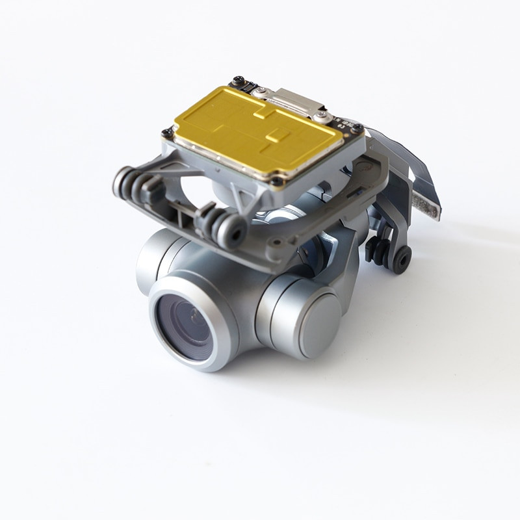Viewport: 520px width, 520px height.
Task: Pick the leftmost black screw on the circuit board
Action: [x=168, y=133]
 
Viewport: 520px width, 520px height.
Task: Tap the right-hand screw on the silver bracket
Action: [x=319, y=117]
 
